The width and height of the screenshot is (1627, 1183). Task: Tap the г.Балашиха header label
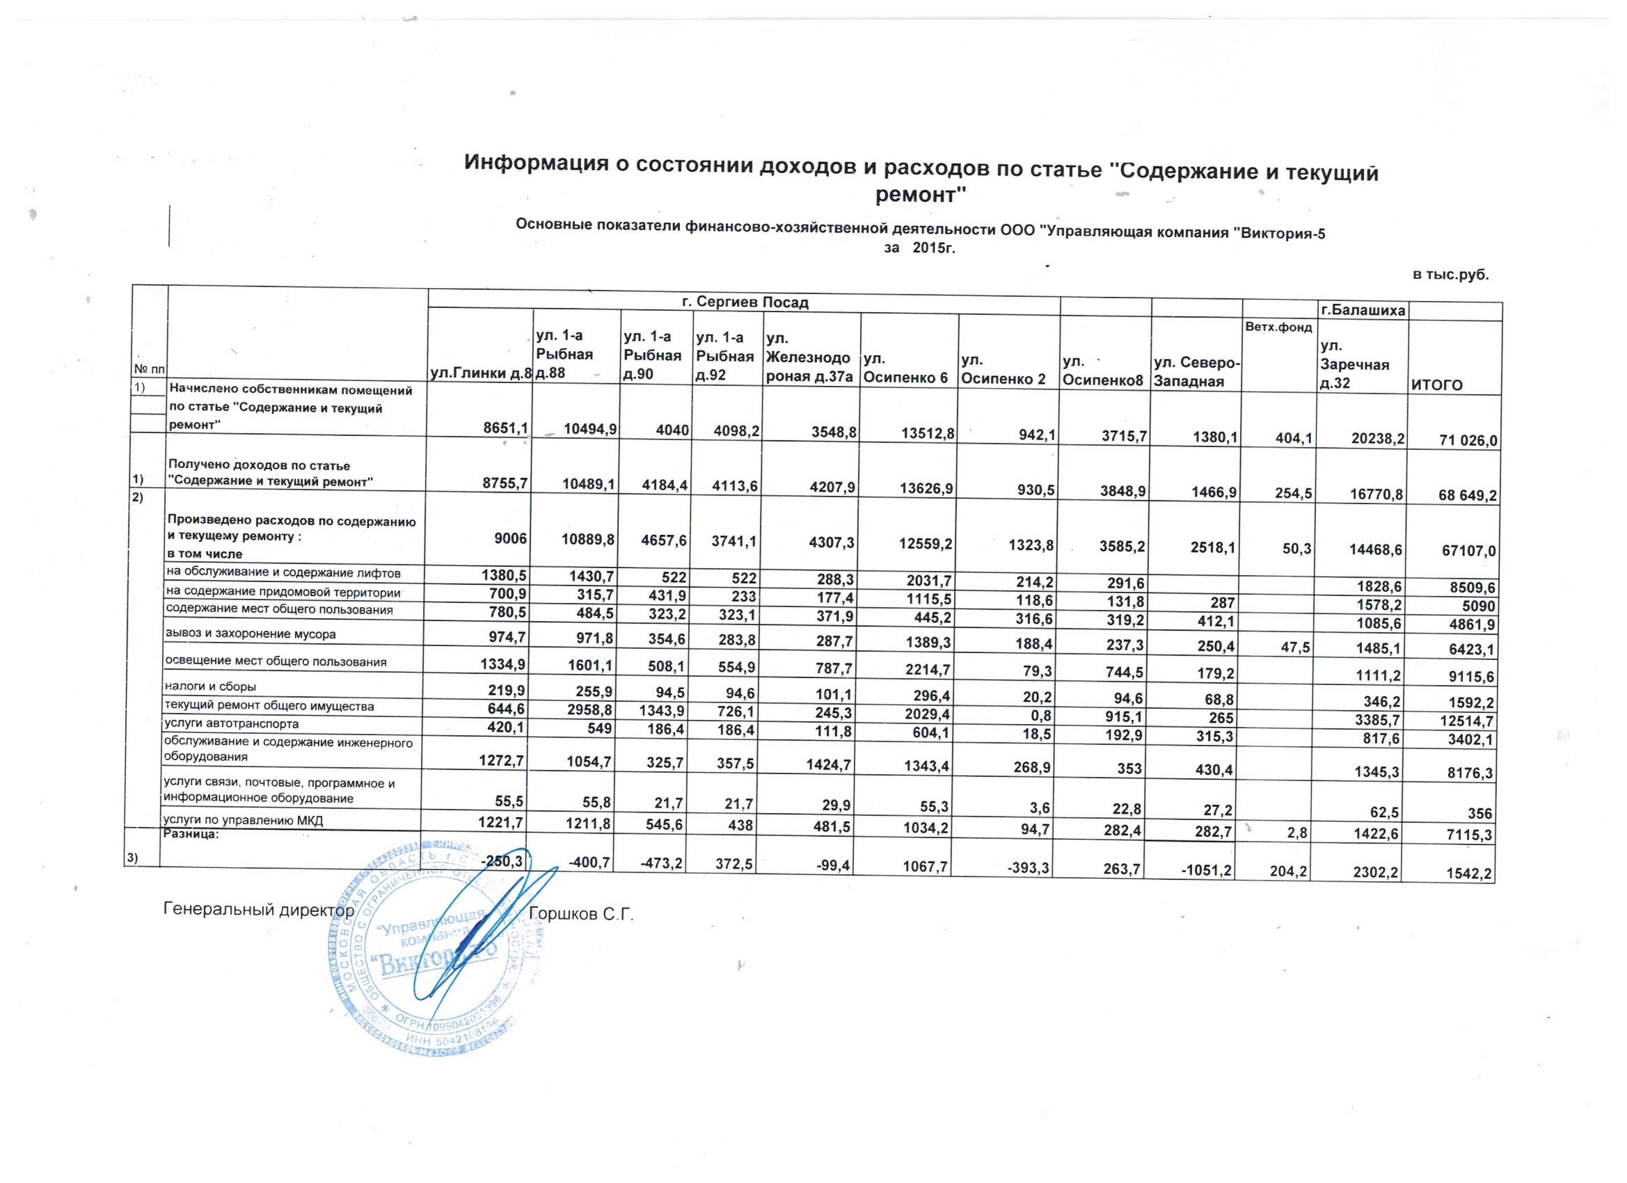1363,311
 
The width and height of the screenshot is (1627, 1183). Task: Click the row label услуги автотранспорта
231,724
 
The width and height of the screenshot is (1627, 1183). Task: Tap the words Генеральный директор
259,910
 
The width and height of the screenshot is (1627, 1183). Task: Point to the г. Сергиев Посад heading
744,303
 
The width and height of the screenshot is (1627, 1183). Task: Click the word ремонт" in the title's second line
922,194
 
